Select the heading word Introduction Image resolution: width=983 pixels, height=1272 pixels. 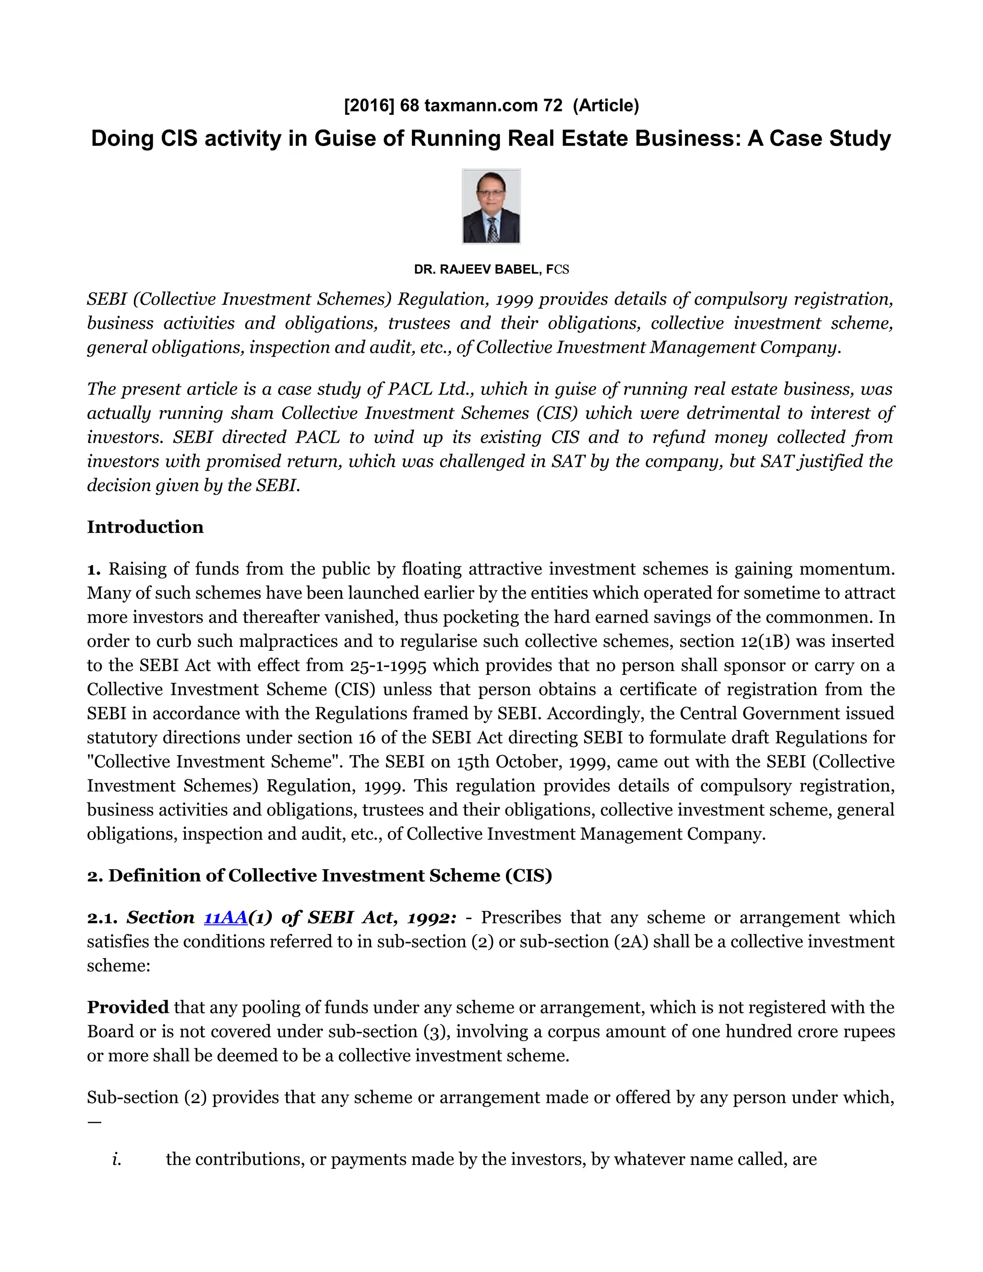pyautogui.click(x=145, y=527)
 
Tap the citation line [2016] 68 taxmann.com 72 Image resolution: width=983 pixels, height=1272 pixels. pyautogui.click(x=453, y=106)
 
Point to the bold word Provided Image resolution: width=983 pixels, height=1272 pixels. pyautogui.click(x=128, y=1007)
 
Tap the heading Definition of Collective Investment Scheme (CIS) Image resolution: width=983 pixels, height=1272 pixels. pyautogui.click(x=330, y=876)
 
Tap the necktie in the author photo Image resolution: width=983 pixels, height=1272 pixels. pyautogui.click(x=492, y=229)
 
